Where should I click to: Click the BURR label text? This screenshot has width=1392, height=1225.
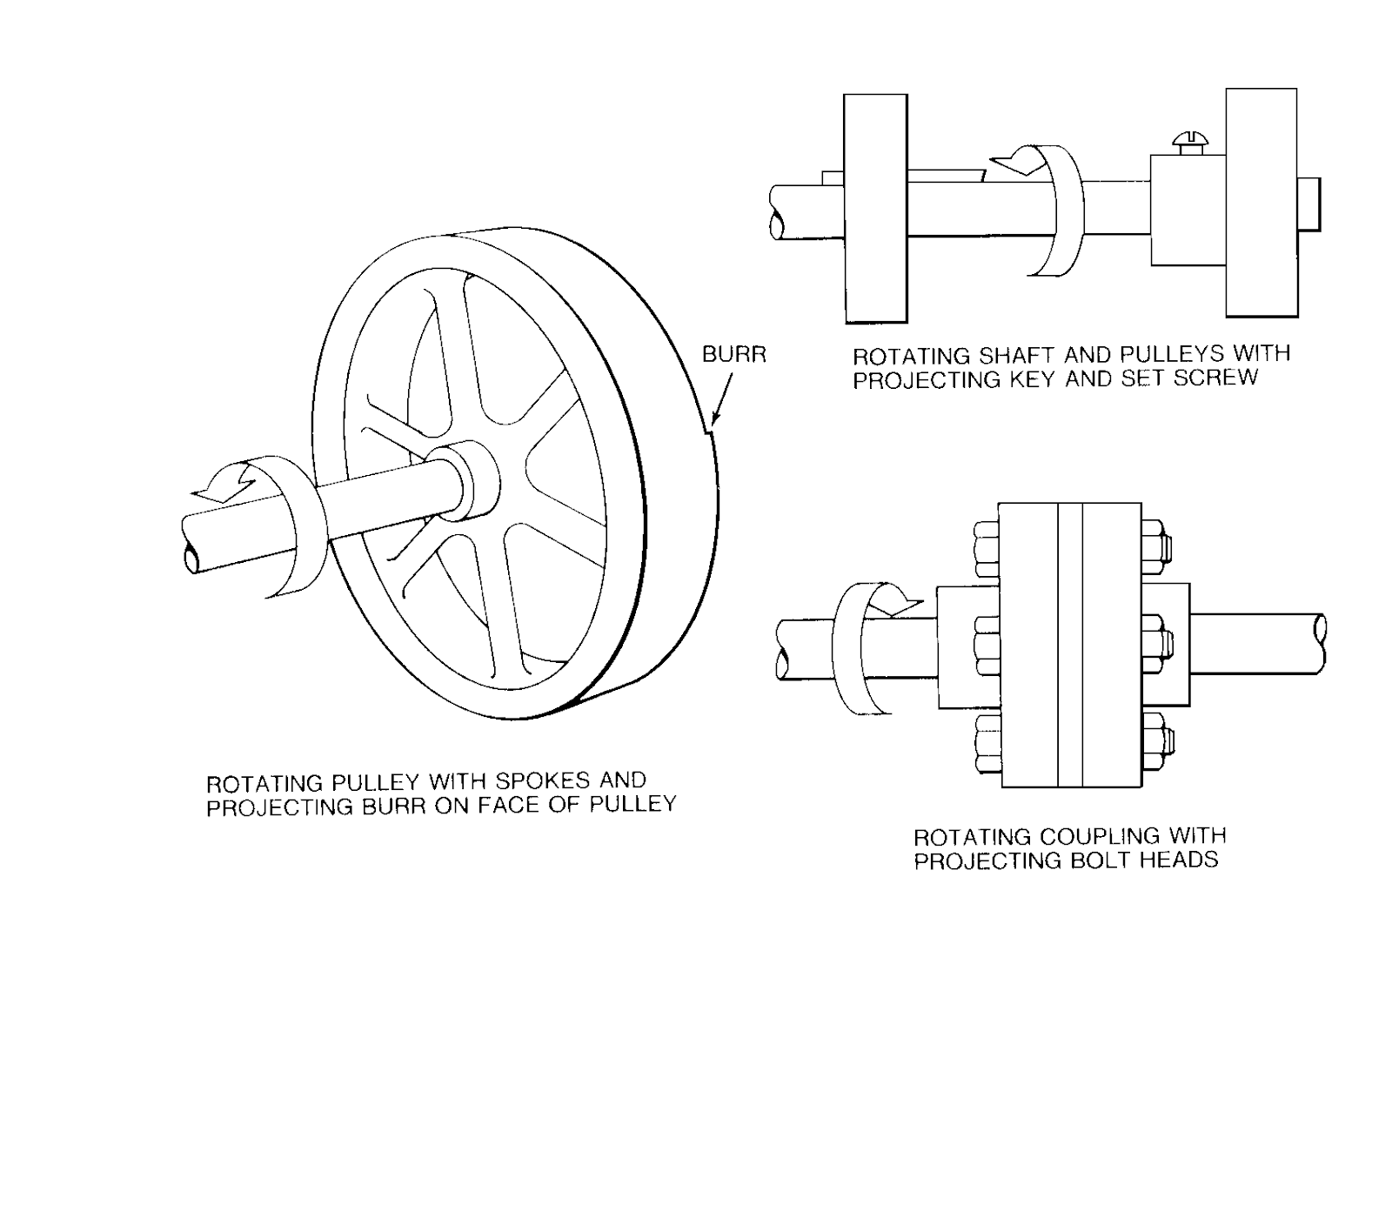(733, 355)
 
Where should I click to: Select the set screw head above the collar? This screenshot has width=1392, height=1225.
(1187, 139)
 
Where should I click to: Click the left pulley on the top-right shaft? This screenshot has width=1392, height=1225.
(875, 208)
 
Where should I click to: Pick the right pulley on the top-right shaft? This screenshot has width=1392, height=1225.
(1261, 202)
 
